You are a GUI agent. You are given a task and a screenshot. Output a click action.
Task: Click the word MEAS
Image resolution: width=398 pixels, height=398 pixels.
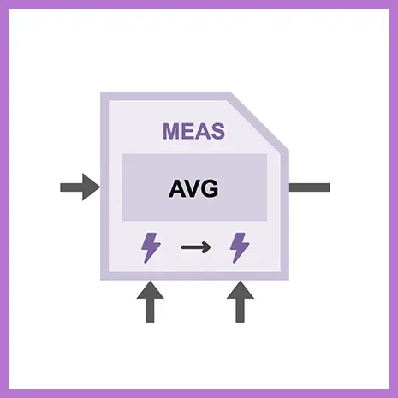193,131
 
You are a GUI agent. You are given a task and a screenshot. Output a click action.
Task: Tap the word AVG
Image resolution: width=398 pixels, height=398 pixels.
193,189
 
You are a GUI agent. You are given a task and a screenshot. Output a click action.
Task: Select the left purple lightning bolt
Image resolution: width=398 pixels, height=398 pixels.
151,247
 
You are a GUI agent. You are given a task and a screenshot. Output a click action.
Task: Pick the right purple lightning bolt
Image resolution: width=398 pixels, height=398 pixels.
240,247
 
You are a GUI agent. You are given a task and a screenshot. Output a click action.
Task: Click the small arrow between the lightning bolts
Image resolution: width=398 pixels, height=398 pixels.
196,247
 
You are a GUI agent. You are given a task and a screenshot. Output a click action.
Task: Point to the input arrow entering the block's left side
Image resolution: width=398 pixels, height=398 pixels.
80,187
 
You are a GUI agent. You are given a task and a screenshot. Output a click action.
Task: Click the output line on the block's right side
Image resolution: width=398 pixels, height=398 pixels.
310,187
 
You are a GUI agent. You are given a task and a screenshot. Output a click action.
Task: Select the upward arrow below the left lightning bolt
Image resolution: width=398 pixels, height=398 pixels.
150,302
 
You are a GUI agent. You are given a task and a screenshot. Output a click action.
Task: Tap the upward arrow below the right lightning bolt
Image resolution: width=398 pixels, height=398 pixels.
241,302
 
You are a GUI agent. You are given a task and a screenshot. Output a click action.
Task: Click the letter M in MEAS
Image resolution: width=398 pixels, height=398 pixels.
171,131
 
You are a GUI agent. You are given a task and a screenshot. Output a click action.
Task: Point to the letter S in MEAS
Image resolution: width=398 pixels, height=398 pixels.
217,131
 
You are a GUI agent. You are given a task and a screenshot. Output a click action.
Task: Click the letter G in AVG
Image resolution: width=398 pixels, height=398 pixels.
211,189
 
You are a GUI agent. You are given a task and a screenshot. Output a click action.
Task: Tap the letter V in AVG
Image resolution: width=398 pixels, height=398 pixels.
194,189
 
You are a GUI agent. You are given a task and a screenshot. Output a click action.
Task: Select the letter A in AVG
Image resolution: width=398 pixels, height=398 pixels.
177,189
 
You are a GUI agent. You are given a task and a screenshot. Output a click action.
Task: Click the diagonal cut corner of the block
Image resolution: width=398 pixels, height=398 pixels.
259,122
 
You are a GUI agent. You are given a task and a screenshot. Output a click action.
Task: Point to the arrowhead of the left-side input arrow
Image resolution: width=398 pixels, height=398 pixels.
91,187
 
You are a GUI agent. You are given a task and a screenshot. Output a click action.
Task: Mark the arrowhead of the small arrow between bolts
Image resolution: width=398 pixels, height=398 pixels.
206,247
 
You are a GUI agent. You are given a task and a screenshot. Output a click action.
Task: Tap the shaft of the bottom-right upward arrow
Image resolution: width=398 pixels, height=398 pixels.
241,311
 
